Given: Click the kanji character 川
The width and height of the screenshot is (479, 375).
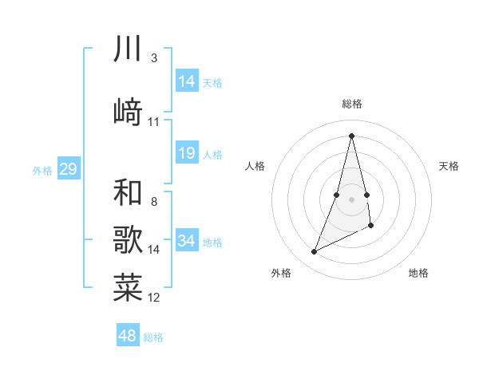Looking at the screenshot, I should click(129, 50).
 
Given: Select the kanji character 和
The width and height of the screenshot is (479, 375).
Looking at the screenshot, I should click(129, 192).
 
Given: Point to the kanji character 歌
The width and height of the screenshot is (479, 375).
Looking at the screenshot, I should click(129, 239).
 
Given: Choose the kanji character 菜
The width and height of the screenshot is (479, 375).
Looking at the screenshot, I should click(129, 288).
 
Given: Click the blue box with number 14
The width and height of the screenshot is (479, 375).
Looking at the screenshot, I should click(187, 81).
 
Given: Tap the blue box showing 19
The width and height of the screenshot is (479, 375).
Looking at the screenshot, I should click(187, 153).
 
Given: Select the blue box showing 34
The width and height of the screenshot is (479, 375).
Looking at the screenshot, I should click(187, 241).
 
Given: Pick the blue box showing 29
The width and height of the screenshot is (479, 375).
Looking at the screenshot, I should click(68, 169).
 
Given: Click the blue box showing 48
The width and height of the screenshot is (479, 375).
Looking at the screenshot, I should click(128, 336).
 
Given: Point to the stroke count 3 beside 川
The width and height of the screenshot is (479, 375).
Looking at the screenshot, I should click(153, 58).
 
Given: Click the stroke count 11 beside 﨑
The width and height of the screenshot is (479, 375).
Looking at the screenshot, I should click(154, 122).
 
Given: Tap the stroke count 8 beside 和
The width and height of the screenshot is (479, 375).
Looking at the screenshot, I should click(153, 202).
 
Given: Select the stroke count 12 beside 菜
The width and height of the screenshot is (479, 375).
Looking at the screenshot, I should click(154, 298).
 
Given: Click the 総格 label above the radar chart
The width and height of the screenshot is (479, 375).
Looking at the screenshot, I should click(352, 104).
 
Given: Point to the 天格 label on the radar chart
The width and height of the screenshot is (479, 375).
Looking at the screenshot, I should click(449, 166).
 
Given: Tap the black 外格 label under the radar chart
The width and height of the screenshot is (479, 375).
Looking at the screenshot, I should click(281, 273).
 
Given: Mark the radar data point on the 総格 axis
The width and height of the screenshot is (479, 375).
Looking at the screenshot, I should click(351, 135).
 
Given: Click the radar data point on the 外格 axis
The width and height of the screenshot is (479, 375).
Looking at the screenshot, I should click(315, 252).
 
